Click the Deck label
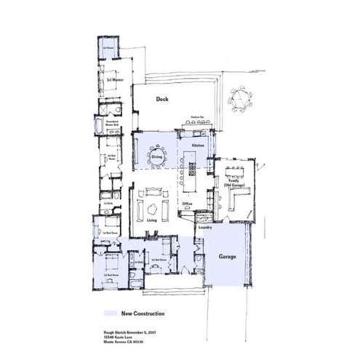pos(162,99)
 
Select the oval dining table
pos(157,156)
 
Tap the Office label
pos(187,203)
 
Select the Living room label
pos(152,219)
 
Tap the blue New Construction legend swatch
pos(110,313)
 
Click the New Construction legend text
pos(143,313)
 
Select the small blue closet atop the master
pos(107,48)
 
